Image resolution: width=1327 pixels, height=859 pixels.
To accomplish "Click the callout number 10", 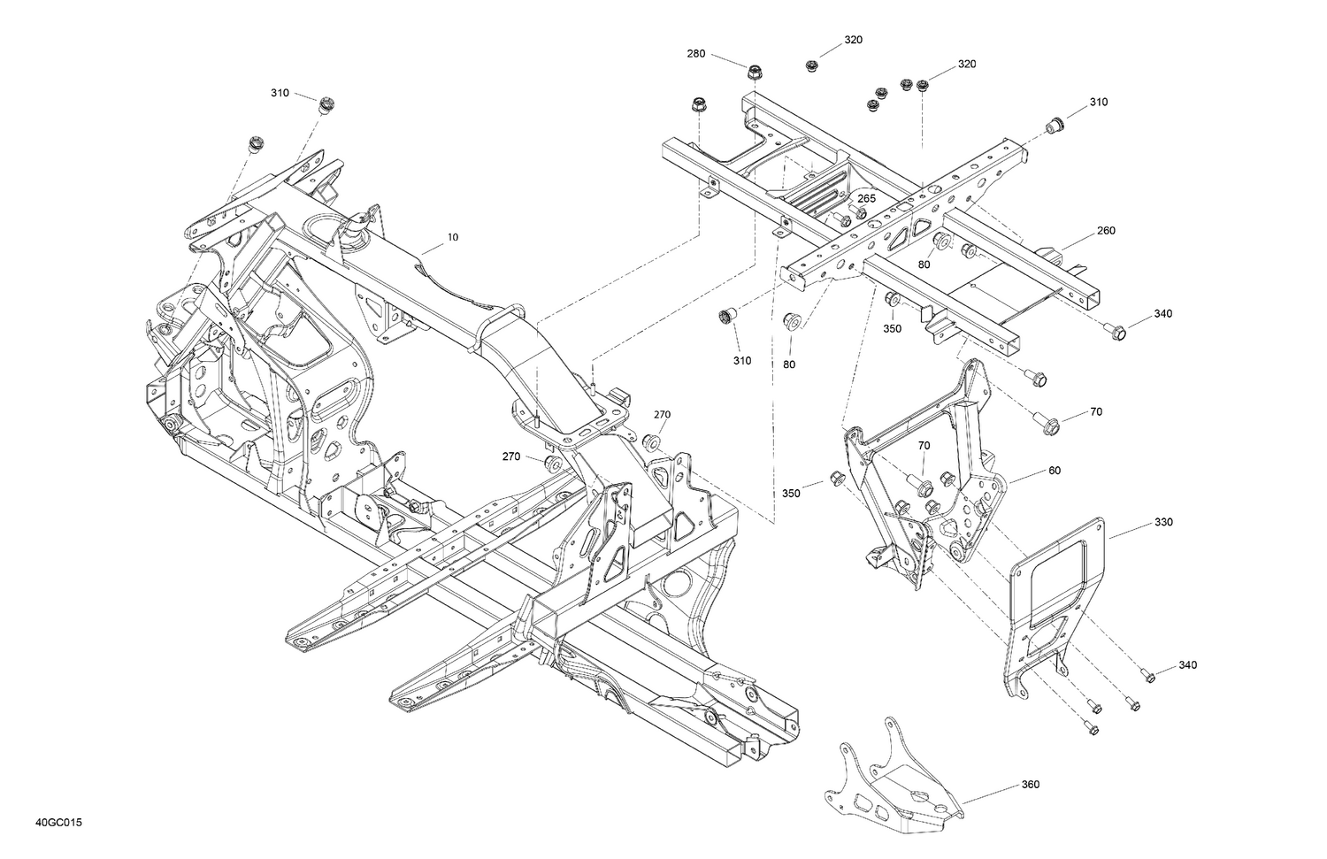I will point(453,237).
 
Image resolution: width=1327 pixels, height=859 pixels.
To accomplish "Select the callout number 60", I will point(1054,471).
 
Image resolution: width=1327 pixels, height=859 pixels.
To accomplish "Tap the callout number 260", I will point(1106,231).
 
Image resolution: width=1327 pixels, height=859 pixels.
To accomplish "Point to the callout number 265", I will point(866,199).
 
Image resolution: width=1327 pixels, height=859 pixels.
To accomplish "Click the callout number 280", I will point(696,54).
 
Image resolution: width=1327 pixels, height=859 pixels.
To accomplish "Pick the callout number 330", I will point(1163,522).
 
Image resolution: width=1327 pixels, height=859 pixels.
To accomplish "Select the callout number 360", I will point(1030,784).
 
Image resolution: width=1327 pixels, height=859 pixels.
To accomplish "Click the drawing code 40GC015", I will point(59,824).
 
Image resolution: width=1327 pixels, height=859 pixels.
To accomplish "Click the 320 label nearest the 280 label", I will point(853,40).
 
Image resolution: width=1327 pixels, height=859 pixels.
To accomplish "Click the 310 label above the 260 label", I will point(1098,102).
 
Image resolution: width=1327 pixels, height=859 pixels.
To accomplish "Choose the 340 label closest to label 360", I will point(1188,665).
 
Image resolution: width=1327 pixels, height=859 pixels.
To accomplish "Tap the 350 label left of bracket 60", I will point(790,493).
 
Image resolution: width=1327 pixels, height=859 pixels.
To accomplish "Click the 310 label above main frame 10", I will point(280,93).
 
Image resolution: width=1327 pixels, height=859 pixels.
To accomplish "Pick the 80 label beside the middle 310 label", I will point(788,364).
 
